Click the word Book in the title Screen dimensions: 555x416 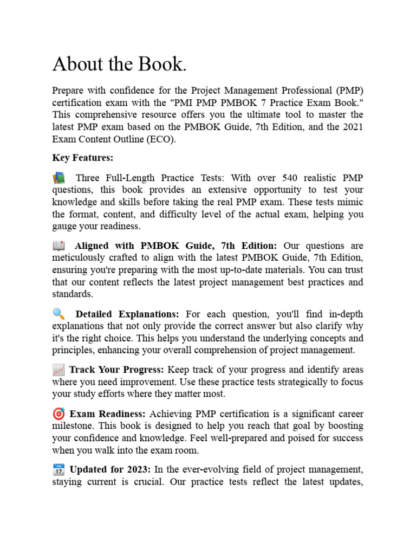[x=161, y=64]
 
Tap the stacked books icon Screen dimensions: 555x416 [x=58, y=178]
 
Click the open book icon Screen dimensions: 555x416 [x=58, y=246]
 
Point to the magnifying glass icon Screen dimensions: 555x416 [x=58, y=314]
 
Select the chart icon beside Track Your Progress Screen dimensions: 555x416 [x=58, y=370]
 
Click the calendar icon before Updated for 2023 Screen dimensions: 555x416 [x=58, y=469]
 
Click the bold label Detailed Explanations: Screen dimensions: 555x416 [x=127, y=315]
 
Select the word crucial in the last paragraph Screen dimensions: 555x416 [x=147, y=481]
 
